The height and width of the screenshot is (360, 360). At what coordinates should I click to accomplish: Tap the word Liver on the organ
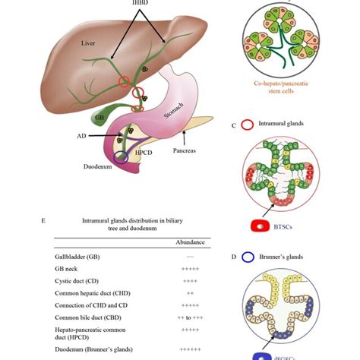[x=90, y=45]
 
